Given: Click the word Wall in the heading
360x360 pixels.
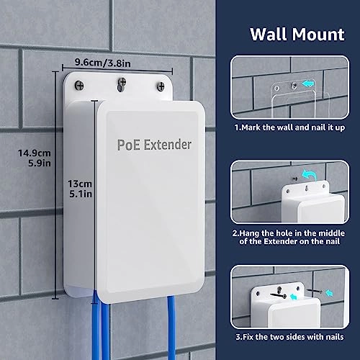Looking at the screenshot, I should (266, 34).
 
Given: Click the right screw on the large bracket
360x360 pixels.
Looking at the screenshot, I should (158, 88).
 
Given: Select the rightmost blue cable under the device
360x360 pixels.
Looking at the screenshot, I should (171, 324).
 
